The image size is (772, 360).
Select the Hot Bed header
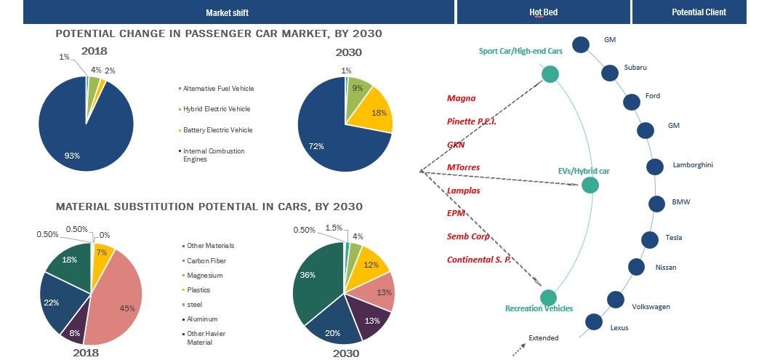tap(544, 12)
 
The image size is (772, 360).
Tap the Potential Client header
tap(699, 12)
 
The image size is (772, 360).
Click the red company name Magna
tap(461, 97)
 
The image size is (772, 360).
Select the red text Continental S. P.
tap(479, 260)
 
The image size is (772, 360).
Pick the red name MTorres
tap(463, 167)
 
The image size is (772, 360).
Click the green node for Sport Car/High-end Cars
tap(550, 74)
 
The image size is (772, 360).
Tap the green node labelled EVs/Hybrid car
tap(590, 185)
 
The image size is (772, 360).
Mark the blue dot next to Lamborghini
tap(655, 167)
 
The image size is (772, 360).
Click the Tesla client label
tap(673, 238)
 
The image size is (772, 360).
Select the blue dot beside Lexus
tap(594, 321)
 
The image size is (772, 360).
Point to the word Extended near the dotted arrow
tap(544, 338)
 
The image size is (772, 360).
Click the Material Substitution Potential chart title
tap(209, 207)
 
